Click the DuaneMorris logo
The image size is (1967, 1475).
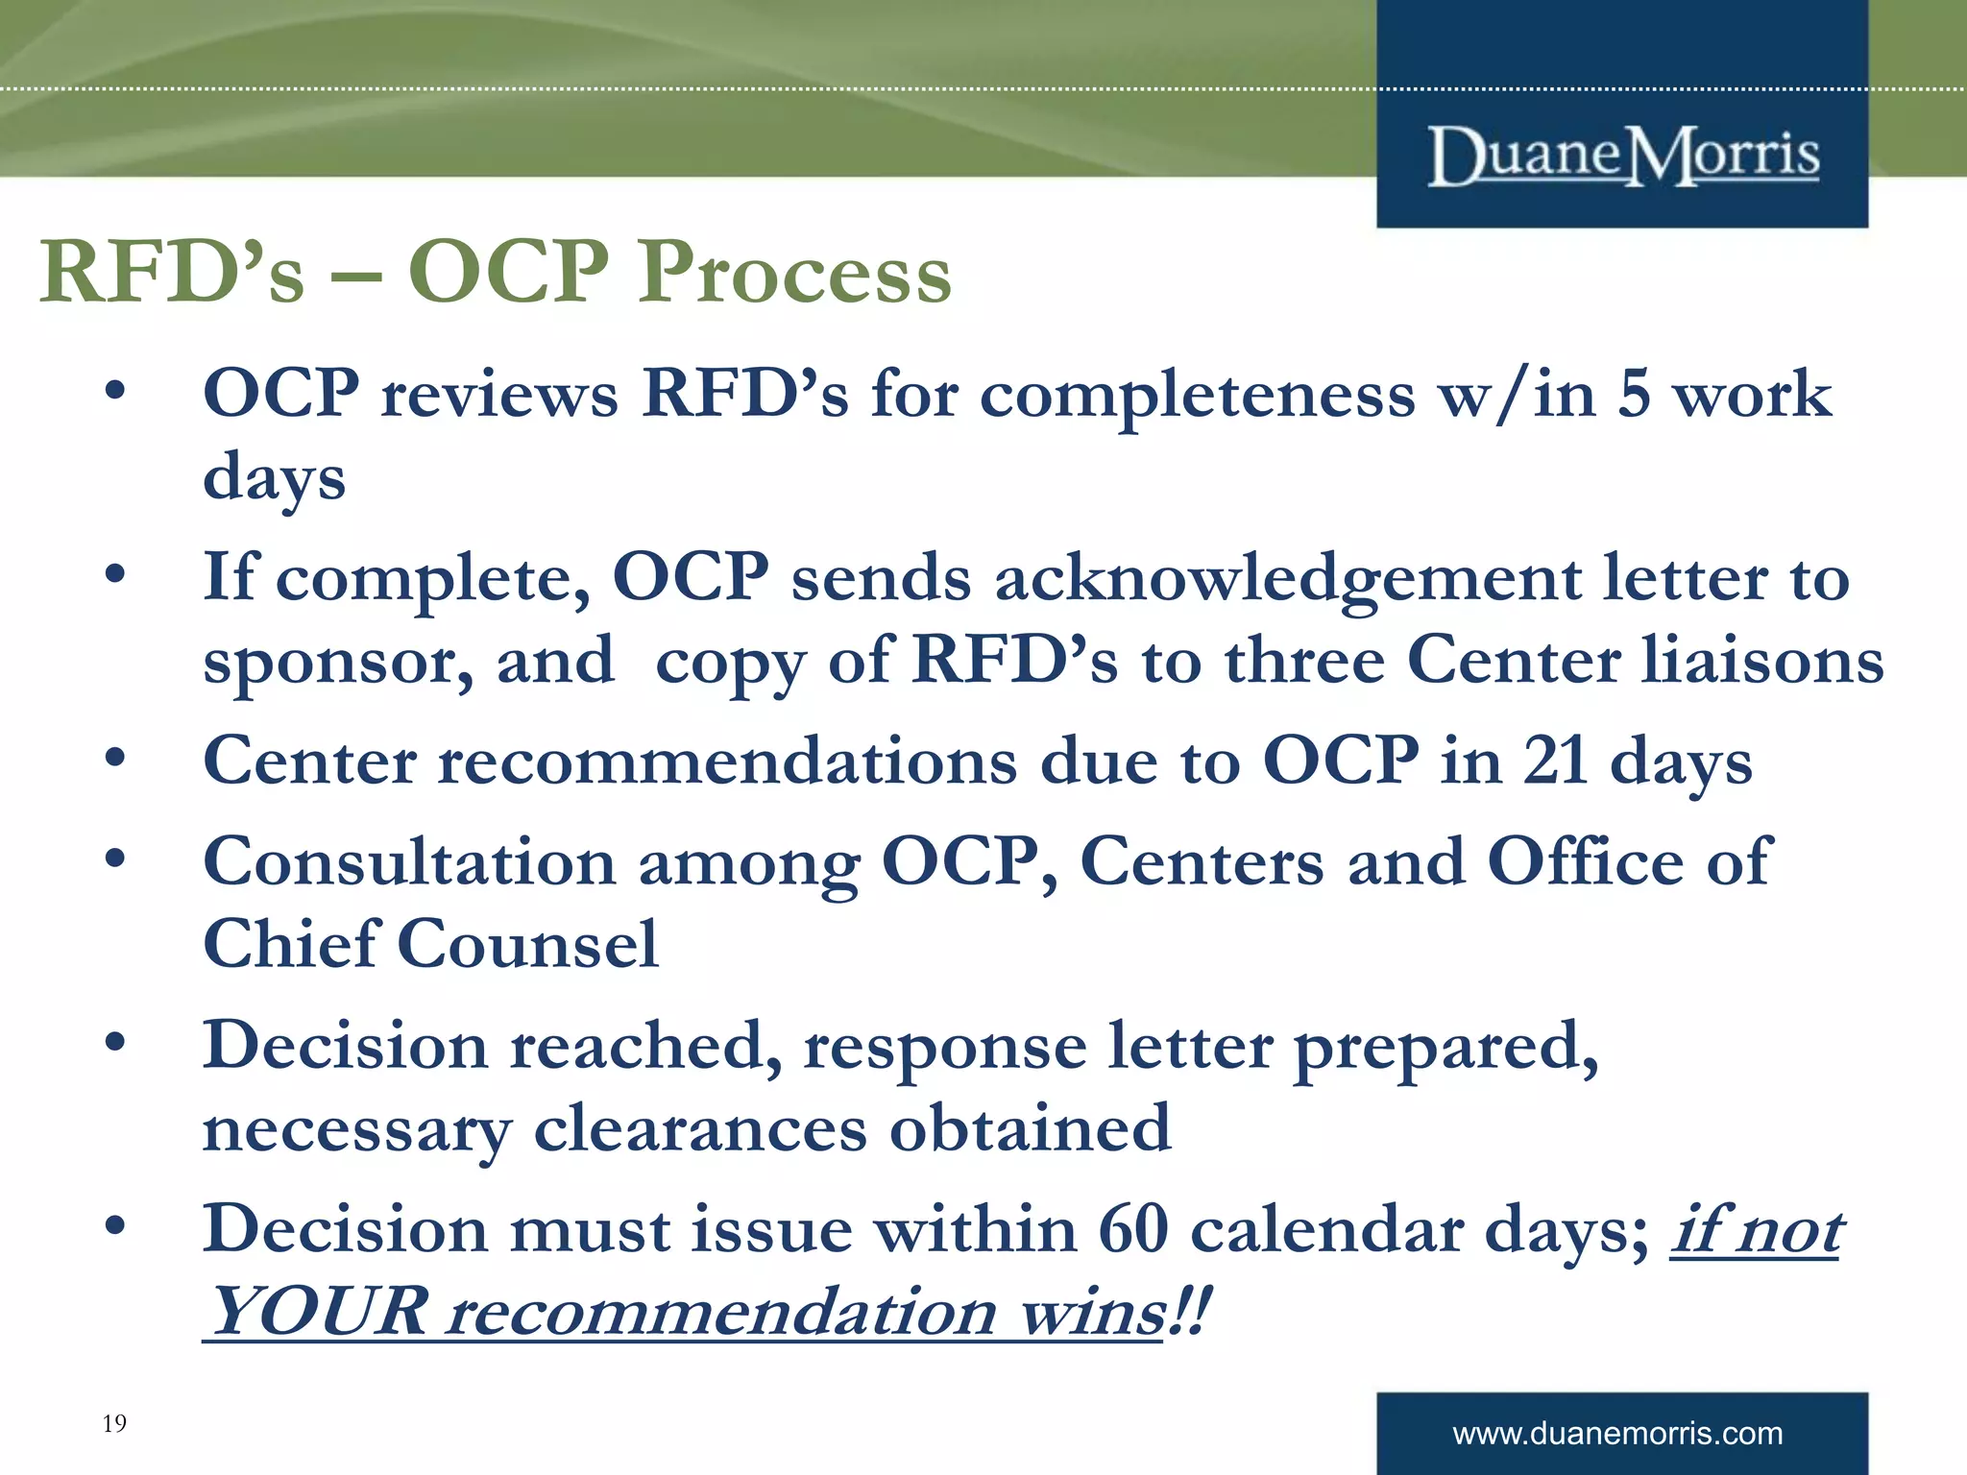[1623, 156]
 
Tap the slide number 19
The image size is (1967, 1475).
[114, 1423]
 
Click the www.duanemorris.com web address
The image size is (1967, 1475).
[1617, 1434]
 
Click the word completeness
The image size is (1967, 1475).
[1197, 396]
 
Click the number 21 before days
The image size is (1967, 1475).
[1555, 762]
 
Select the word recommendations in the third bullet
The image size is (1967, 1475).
[727, 762]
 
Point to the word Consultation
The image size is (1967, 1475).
[409, 861]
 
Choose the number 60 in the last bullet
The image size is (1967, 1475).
[1132, 1229]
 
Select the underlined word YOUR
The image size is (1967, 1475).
[318, 1312]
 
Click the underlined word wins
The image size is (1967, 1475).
[1092, 1312]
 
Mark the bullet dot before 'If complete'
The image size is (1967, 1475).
[115, 576]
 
